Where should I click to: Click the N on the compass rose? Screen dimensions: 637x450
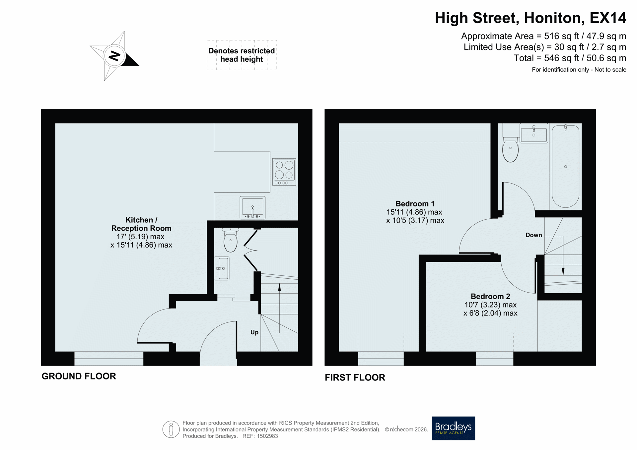[x=114, y=56]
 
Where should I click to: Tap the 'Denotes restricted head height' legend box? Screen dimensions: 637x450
[x=242, y=55]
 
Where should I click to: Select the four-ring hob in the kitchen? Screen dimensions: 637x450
[x=284, y=172]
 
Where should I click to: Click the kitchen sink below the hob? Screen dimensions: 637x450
[x=252, y=208]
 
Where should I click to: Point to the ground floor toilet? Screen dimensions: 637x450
[x=230, y=240]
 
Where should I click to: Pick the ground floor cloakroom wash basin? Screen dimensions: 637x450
[x=221, y=268]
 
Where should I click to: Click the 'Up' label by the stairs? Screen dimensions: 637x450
[x=254, y=332]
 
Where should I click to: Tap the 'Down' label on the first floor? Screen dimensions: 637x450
[x=533, y=235]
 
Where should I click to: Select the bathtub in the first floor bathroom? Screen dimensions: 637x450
[x=565, y=166]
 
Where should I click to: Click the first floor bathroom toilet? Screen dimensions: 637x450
[x=510, y=146]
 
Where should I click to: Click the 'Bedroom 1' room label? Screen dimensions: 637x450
[x=415, y=203]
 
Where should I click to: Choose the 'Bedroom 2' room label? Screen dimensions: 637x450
[x=490, y=296]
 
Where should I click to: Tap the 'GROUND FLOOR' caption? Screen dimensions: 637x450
[x=79, y=376]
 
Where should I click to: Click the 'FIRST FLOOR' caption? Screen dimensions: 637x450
[x=355, y=377]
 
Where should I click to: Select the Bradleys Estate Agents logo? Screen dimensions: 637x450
[x=453, y=428]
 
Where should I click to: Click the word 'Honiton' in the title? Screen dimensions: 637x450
[x=554, y=18]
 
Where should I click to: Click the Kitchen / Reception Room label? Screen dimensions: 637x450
[x=141, y=224]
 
